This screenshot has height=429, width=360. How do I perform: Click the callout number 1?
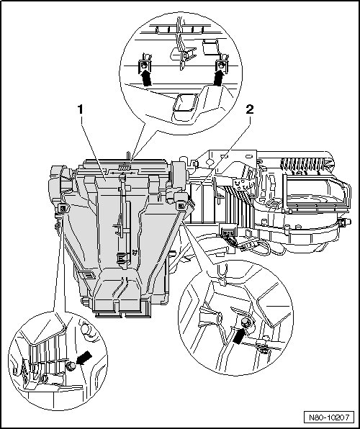tap(80, 109)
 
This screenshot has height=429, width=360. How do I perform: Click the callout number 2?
tap(250, 109)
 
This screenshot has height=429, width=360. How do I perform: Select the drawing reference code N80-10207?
tap(329, 417)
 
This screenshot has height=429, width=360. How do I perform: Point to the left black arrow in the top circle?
tap(146, 78)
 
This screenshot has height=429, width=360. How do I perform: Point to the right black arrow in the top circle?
tap(219, 78)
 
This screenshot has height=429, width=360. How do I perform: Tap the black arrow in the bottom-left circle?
tap(84, 358)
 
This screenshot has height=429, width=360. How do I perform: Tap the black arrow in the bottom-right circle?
tap(239, 335)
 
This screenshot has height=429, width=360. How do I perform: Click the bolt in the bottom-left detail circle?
tap(71, 366)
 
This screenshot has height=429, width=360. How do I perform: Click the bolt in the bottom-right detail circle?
tap(245, 323)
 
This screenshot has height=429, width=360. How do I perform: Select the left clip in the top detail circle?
tap(145, 65)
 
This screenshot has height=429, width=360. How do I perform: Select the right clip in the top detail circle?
tap(222, 65)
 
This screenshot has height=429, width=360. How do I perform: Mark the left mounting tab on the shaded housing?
tap(63, 209)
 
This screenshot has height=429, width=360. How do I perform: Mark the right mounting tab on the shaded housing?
tap(181, 205)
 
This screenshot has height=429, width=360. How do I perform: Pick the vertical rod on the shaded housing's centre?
tap(123, 219)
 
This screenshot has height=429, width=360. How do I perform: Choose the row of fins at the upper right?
tap(302, 164)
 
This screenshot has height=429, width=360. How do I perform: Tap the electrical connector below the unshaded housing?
tap(228, 233)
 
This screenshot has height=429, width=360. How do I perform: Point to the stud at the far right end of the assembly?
tap(345, 222)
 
